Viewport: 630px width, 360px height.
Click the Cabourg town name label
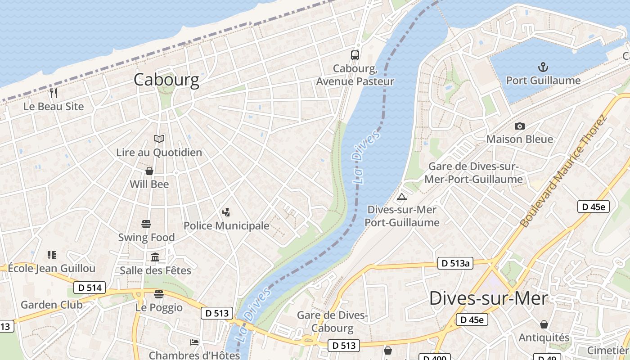point(166,80)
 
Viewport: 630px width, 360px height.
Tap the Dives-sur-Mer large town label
point(489,298)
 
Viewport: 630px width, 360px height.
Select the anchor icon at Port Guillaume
point(544,67)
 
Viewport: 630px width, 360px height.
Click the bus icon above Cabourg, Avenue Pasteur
point(355,55)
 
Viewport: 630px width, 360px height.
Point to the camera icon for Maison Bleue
point(520,126)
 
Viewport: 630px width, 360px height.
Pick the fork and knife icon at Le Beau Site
point(54,93)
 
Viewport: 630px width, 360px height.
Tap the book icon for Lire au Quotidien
point(159,139)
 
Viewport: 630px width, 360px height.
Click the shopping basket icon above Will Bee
point(149,171)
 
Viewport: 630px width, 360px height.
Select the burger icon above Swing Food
point(146,224)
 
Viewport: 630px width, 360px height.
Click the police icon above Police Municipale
point(226,212)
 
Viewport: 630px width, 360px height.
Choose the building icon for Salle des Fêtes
point(156,257)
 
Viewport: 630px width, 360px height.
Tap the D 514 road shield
point(89,288)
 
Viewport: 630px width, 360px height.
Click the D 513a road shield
point(455,263)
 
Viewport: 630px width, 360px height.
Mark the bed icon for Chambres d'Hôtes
point(194,342)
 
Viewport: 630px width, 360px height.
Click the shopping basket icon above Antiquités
point(544,324)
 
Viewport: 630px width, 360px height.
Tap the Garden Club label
point(52,305)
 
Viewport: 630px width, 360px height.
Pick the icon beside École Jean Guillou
point(52,255)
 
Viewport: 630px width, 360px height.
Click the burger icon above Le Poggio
point(159,294)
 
